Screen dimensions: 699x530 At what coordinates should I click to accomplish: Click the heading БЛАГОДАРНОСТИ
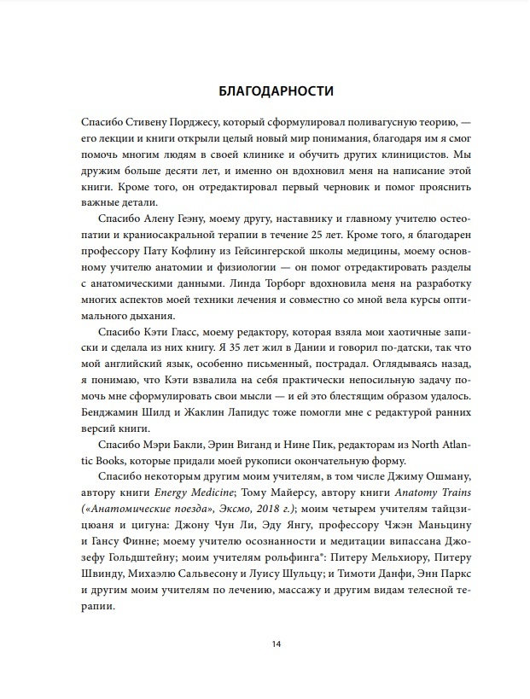264,90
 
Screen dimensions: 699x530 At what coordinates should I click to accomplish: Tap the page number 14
264,644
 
